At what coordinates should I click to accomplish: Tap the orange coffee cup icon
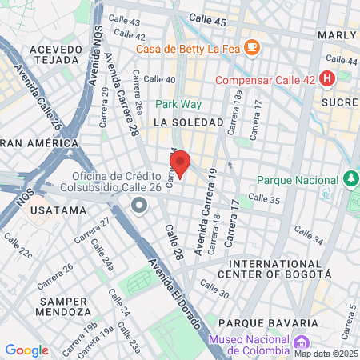coord(252,47)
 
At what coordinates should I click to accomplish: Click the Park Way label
coord(178,104)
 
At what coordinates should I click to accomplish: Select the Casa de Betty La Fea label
coord(189,48)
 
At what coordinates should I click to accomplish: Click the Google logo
coord(26,350)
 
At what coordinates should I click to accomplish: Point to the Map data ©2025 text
coord(326,353)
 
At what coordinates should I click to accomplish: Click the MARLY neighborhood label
coord(336,36)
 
